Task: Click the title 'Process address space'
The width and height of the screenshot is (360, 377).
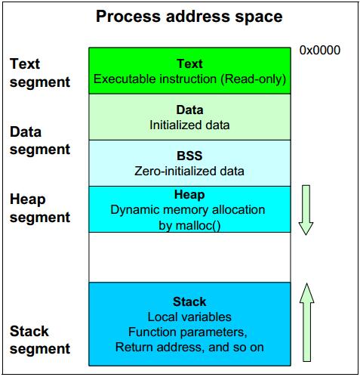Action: [189, 17]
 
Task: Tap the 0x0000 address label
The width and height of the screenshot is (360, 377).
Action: [320, 51]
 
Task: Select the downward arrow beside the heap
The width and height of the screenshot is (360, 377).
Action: [306, 210]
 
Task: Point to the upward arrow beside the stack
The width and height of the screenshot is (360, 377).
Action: [306, 323]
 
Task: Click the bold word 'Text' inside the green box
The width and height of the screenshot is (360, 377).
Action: [189, 63]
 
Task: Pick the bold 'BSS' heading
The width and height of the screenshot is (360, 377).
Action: [189, 156]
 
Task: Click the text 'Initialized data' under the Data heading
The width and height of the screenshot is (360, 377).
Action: [189, 125]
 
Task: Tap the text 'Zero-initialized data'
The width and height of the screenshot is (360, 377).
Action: [189, 172]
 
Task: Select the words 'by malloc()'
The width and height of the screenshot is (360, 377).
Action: [189, 226]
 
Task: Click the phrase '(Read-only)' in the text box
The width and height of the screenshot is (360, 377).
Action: [254, 79]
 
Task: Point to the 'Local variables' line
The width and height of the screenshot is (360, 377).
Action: [189, 317]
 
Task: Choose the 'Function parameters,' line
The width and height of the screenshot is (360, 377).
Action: [188, 332]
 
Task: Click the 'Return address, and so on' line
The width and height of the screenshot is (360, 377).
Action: [189, 348]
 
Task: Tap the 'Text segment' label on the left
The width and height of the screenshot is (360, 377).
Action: [40, 73]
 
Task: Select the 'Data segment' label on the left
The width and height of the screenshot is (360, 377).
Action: [40, 141]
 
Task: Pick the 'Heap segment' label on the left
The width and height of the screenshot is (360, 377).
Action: [40, 209]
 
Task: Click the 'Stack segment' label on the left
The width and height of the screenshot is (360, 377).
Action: [40, 340]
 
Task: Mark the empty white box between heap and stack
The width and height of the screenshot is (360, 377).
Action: [189, 257]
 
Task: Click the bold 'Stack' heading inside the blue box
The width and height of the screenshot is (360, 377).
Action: [189, 301]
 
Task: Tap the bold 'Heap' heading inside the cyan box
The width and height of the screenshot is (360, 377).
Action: [189, 195]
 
